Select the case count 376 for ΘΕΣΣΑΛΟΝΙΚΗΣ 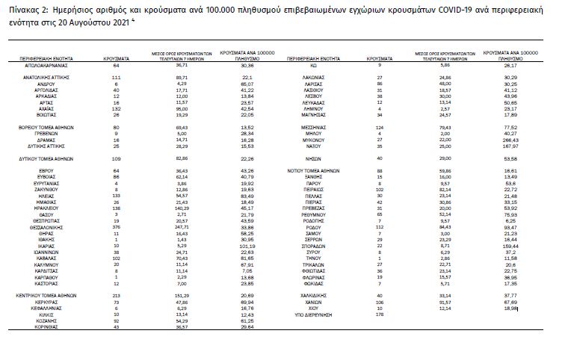pyautogui.click(x=116, y=226)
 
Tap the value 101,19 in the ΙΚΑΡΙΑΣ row pyautogui.click(x=247, y=245)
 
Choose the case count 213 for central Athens pyautogui.click(x=116, y=296)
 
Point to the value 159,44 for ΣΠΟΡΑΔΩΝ pyautogui.click(x=511, y=245)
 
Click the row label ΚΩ pyautogui.click(x=314, y=65)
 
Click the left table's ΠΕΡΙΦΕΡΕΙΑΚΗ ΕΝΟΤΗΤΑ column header pyautogui.click(x=46, y=57)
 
